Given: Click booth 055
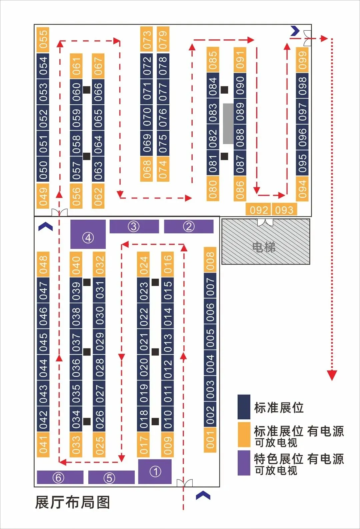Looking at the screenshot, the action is tap(43, 40).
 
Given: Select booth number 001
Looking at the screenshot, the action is tap(210, 440).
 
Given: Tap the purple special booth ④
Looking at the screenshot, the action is tap(88, 234).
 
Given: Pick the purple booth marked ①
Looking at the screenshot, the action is tap(155, 471).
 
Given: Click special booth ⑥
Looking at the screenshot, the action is tap(60, 477).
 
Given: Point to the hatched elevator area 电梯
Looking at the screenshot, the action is tap(266, 242).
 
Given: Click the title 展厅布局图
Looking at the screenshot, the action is tap(72, 502).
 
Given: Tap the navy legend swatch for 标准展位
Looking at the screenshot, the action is tap(244, 407).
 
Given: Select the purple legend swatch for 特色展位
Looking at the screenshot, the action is tap(244, 463).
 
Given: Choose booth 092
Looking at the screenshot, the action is tap(259, 210).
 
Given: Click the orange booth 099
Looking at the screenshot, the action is tap(302, 60).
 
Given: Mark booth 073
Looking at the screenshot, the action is tap(146, 39).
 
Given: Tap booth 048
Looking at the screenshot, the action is tap(43, 264).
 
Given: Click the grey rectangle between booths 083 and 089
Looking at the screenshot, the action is tap(228, 123).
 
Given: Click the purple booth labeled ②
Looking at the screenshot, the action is tap(189, 227).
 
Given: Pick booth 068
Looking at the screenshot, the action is tap(146, 169).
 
